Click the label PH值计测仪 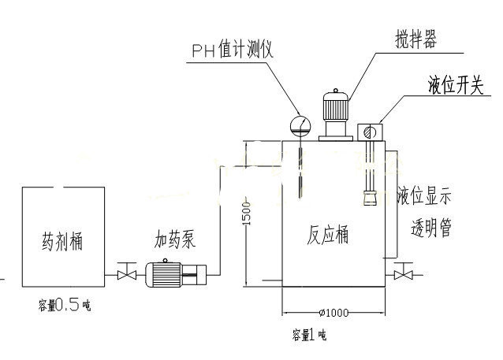coord(232,50)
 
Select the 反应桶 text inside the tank coord(328,235)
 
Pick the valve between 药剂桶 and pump coord(122,275)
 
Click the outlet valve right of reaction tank coord(404,275)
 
